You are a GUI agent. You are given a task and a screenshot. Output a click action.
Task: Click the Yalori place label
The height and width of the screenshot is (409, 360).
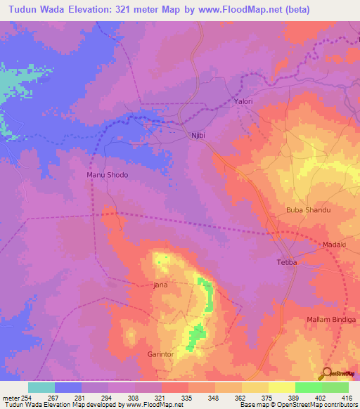point(243,102)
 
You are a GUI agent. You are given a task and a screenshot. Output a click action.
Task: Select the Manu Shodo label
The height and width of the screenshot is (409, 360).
point(107,175)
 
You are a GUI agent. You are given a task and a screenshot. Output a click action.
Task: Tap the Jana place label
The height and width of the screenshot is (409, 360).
point(161,285)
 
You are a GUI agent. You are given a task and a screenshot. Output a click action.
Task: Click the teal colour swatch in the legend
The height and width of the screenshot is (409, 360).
point(41,387)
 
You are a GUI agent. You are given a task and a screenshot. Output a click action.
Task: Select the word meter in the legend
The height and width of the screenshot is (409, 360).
point(11,398)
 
